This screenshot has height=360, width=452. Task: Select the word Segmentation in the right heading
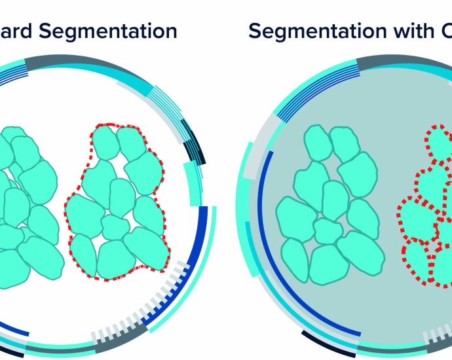tap(305, 31)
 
